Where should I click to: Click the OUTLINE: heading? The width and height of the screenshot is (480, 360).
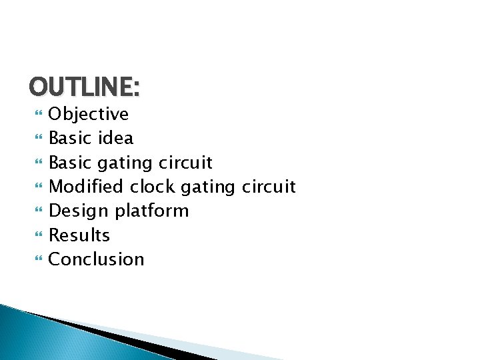(85, 87)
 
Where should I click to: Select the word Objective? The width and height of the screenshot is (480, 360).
(89, 114)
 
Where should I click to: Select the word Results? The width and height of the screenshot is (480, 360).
(79, 235)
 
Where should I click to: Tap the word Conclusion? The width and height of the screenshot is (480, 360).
(97, 259)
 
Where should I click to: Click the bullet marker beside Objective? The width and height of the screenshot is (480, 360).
(37, 115)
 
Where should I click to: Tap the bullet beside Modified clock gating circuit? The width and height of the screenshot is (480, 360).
(37, 187)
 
